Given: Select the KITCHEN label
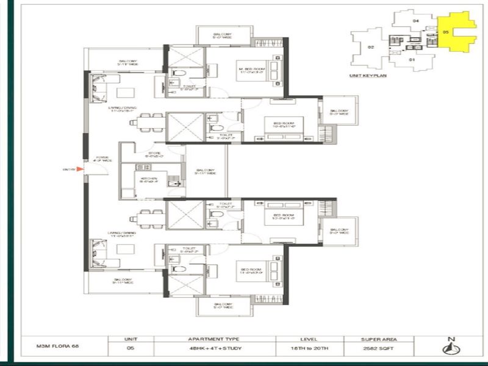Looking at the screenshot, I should coord(149,179).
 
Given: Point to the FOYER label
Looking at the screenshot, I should coord(102,160).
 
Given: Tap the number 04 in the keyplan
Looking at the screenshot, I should coord(416,21).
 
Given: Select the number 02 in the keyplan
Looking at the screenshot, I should coord(370,46).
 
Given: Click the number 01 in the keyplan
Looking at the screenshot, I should coord(412,60).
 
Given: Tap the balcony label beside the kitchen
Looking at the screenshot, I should coord(204,172).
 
